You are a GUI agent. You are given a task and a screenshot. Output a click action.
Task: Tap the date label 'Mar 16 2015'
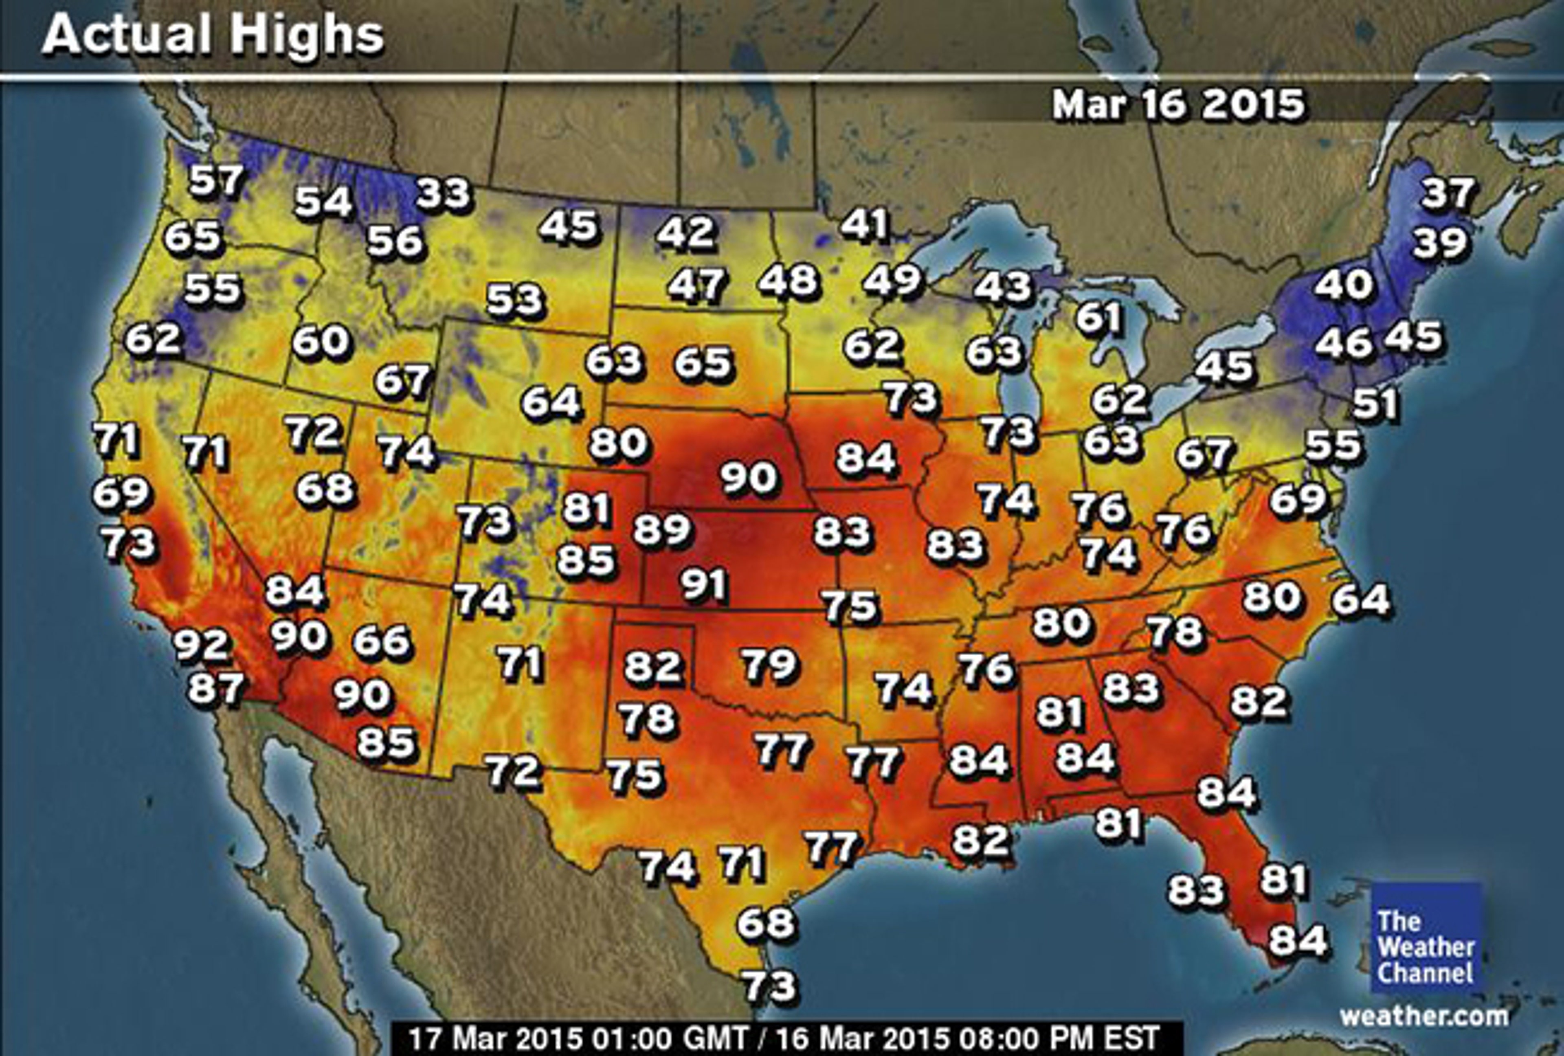pyautogui.click(x=1178, y=105)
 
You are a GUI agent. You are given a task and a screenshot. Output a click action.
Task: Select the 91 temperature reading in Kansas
pyautogui.click(x=704, y=584)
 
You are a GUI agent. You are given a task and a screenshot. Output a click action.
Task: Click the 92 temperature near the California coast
pyautogui.click(x=202, y=644)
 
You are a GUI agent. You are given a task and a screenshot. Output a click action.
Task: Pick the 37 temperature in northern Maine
pyautogui.click(x=1448, y=194)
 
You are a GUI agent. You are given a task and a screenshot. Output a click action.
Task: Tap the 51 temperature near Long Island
pyautogui.click(x=1375, y=404)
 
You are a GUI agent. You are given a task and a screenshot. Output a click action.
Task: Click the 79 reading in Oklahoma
pyautogui.click(x=769, y=664)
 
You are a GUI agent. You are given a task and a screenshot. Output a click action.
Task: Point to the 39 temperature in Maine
pyautogui.click(x=1439, y=244)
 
